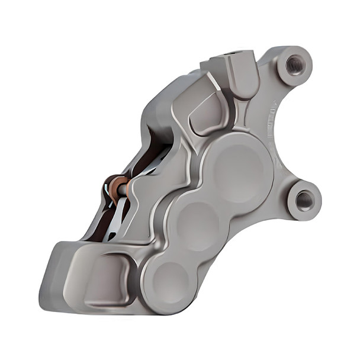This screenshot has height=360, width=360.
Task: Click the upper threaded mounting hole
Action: pos(294,63)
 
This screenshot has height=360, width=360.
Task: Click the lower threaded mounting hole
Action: pos(304,200)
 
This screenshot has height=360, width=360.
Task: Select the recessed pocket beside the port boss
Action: pos(205,112)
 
